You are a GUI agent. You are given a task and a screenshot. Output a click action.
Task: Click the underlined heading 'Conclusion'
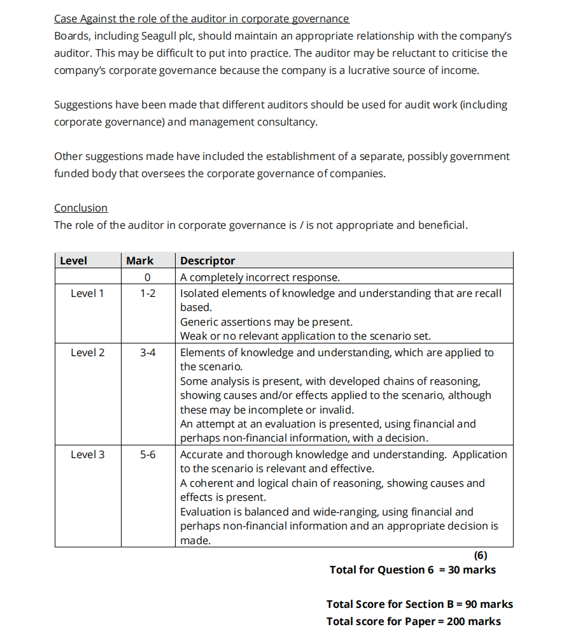pos(81,208)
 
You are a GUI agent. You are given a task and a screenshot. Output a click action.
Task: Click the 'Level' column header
pos(73,261)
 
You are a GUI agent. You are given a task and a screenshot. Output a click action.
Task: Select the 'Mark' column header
pos(139,261)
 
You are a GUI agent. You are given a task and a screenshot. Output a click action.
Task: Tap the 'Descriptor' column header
pos(207,261)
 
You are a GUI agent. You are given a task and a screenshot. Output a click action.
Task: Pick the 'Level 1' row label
pos(87,293)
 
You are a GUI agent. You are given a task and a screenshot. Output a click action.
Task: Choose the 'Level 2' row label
pos(87,352)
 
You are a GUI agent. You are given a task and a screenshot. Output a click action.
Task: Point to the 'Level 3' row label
pos(87,454)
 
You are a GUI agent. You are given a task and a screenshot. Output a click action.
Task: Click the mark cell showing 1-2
pos(148,293)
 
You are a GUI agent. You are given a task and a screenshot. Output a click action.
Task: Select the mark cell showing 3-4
pos(148,352)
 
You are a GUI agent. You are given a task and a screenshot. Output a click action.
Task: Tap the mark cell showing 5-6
pos(148,454)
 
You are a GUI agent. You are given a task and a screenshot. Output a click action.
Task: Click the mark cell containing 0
pos(147,277)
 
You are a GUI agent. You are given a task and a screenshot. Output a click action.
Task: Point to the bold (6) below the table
pos(481,556)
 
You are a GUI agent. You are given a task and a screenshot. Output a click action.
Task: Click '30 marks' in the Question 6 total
pos(472,570)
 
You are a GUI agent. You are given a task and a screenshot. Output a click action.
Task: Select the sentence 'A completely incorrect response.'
pos(260,277)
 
